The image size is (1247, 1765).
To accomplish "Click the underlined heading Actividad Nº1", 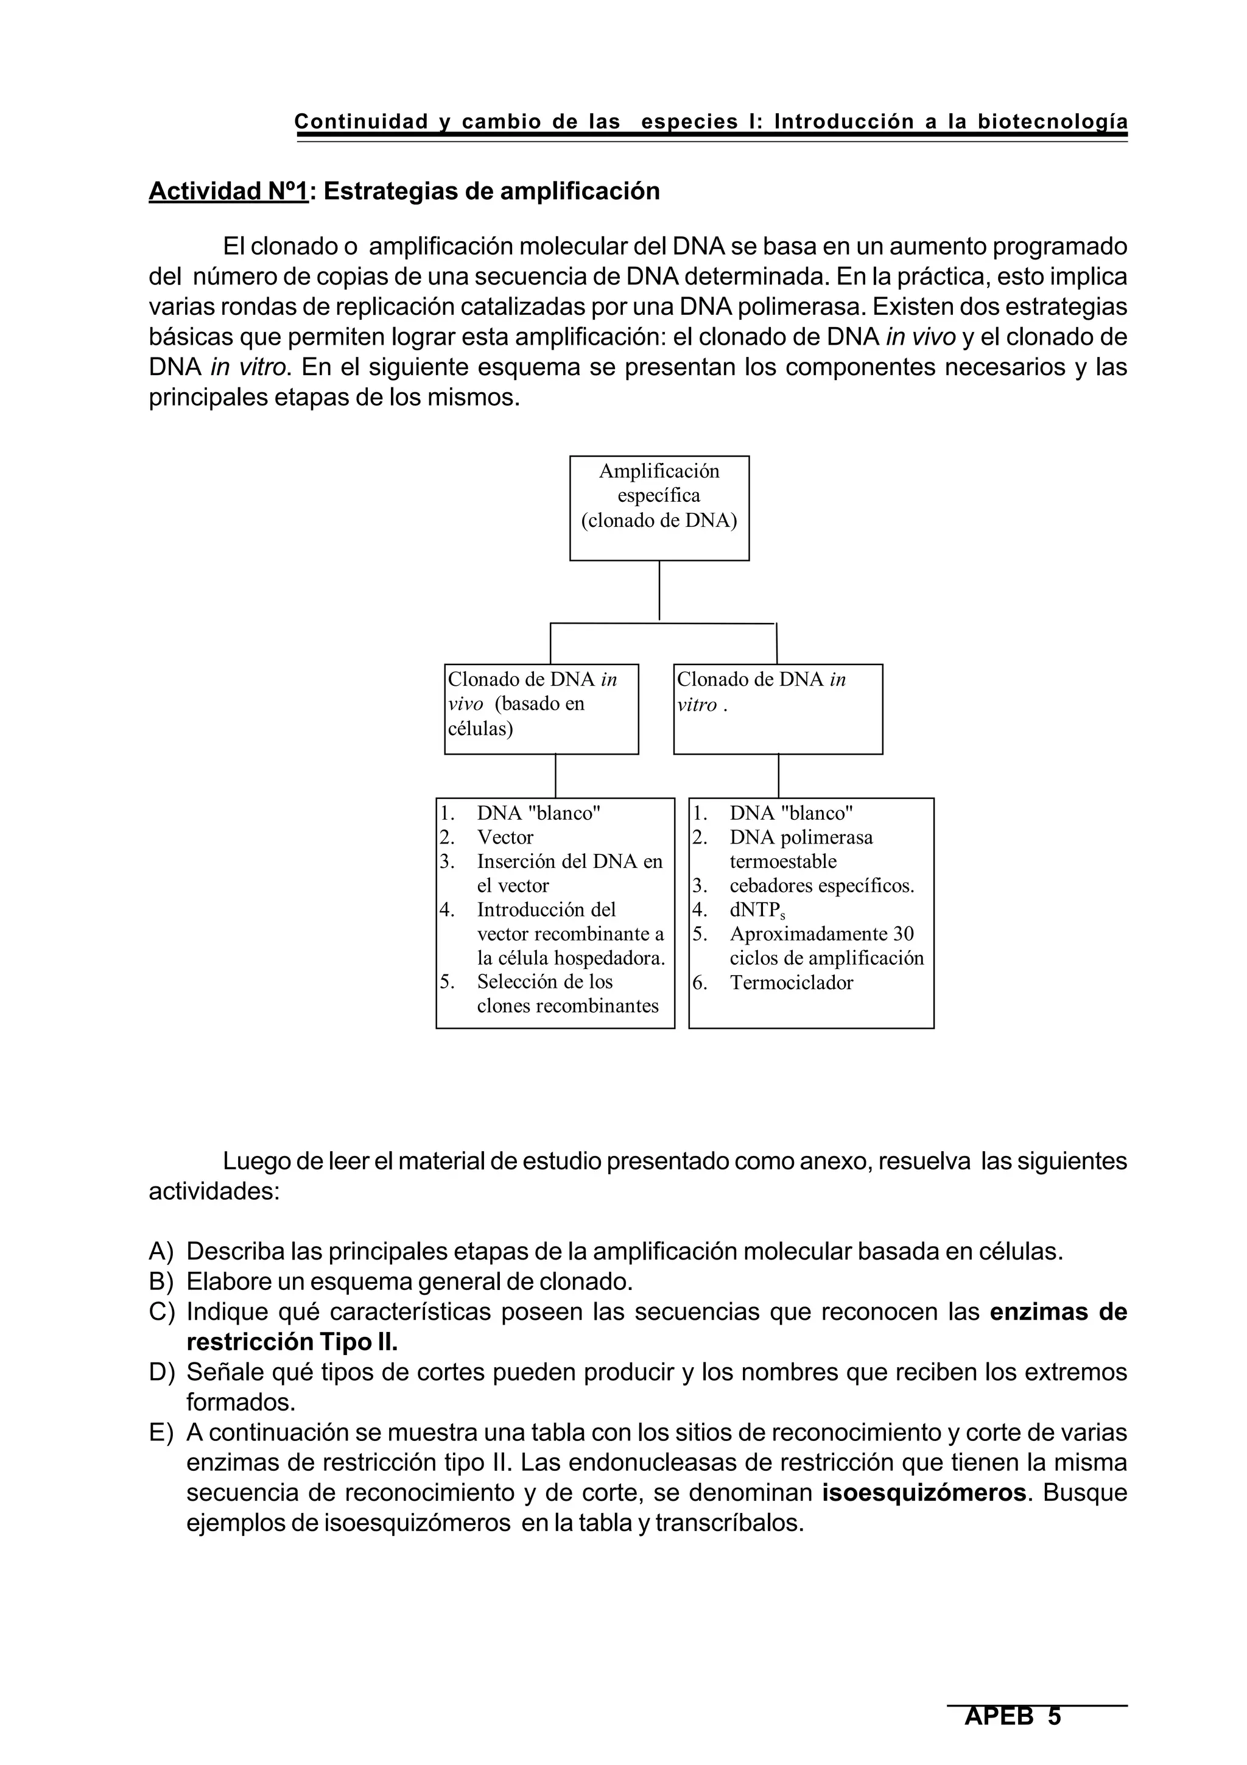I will (228, 191).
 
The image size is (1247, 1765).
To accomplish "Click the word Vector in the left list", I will (505, 837).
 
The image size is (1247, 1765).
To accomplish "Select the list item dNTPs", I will (756, 910).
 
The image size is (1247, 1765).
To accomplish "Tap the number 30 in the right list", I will (904, 934).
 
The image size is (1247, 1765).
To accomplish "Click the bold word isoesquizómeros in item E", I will (924, 1493).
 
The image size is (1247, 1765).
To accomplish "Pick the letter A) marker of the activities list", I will (161, 1252).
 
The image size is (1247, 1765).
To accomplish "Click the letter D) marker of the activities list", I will (161, 1372).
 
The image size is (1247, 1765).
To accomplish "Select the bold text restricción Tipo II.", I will (292, 1342).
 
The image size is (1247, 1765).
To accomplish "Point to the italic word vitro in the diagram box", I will (696, 705).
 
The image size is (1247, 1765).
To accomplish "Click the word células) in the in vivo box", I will (480, 728).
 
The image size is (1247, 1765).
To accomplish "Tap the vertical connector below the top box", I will (659, 590).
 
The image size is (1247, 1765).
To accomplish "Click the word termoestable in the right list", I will (782, 862).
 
